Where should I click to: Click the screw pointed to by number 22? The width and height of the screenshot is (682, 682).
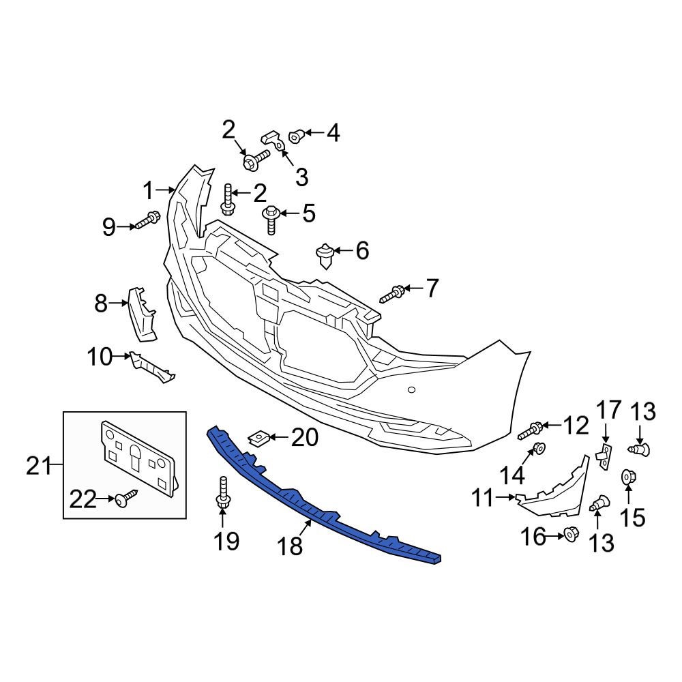tap(125, 500)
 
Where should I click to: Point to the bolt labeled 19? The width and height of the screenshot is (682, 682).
tap(222, 494)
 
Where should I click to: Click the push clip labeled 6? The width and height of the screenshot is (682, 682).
tap(326, 256)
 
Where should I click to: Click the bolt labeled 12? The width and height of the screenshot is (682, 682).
tap(531, 430)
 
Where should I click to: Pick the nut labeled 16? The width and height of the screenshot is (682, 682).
tap(572, 535)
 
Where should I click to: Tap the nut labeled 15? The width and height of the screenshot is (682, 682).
tap(627, 477)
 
